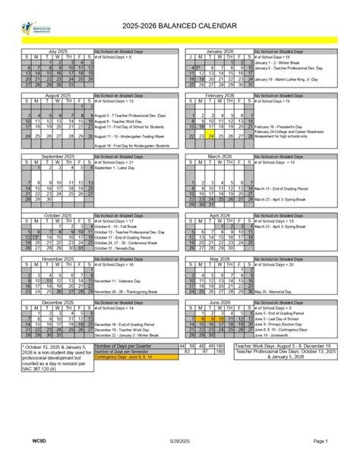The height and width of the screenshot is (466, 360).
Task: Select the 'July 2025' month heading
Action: (58, 51)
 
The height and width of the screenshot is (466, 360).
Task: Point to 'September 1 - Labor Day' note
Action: (115, 166)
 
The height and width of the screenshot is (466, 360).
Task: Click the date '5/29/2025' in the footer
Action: (179, 440)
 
